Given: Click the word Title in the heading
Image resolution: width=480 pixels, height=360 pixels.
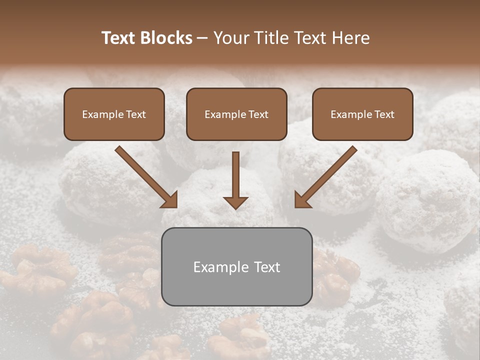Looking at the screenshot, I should [272, 38].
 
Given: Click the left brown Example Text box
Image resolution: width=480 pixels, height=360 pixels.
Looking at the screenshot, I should [114, 114].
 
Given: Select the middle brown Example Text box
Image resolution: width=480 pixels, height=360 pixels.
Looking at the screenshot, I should [236, 114].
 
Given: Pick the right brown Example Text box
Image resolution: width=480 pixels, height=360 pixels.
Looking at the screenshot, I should [362, 114].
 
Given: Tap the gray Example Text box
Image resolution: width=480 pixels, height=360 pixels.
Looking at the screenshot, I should [236, 266].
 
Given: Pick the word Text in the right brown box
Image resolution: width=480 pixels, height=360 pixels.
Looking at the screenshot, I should [384, 114].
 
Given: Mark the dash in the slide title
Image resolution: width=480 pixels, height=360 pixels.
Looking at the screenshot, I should [202, 38].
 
